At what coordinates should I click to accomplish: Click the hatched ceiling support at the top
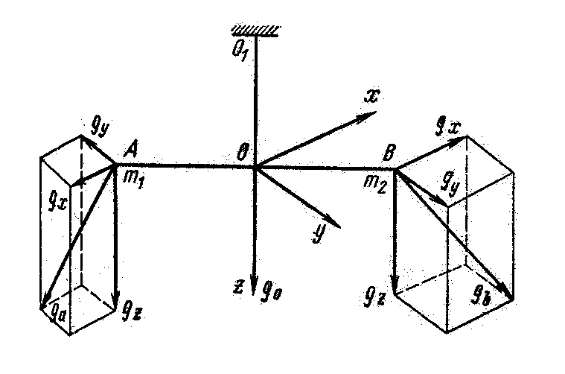[x=255, y=29]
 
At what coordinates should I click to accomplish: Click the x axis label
[x=371, y=95]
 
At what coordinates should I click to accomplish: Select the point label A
[x=130, y=151]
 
